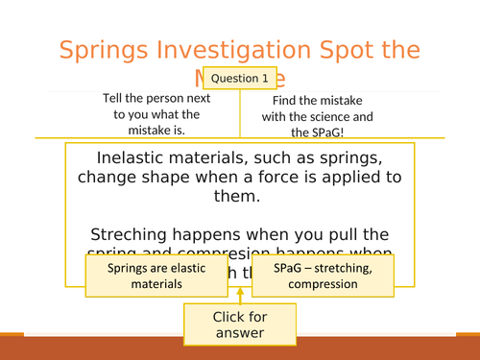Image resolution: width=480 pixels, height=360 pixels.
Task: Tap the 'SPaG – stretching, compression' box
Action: pos(324,276)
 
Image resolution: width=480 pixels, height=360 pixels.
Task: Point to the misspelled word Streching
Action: pos(132,233)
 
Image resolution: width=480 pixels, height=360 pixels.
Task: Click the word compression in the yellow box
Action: pos(324,284)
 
